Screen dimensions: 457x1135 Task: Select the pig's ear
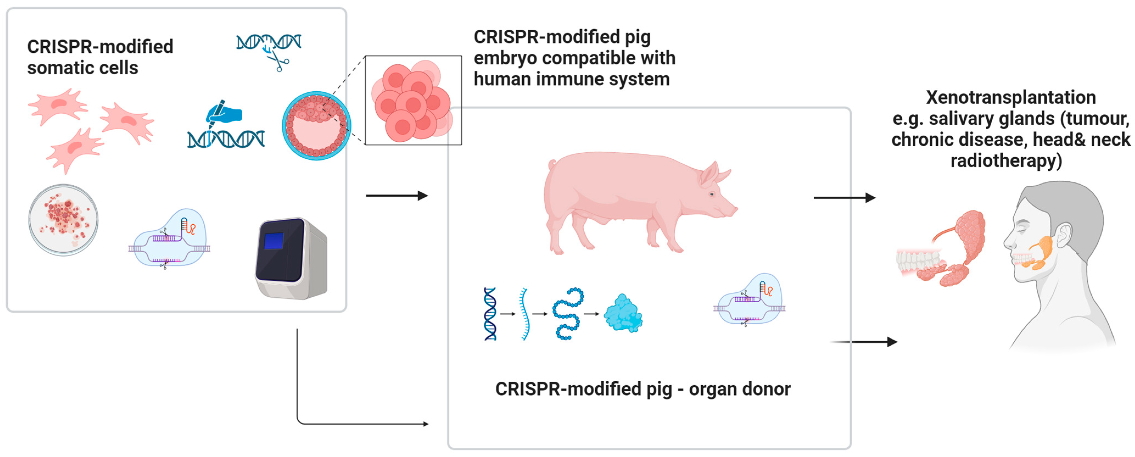(709, 174)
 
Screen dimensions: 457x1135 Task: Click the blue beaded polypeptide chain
(568, 314)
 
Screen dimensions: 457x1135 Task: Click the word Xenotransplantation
(1010, 97)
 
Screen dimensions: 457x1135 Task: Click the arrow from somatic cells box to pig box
(397, 196)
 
